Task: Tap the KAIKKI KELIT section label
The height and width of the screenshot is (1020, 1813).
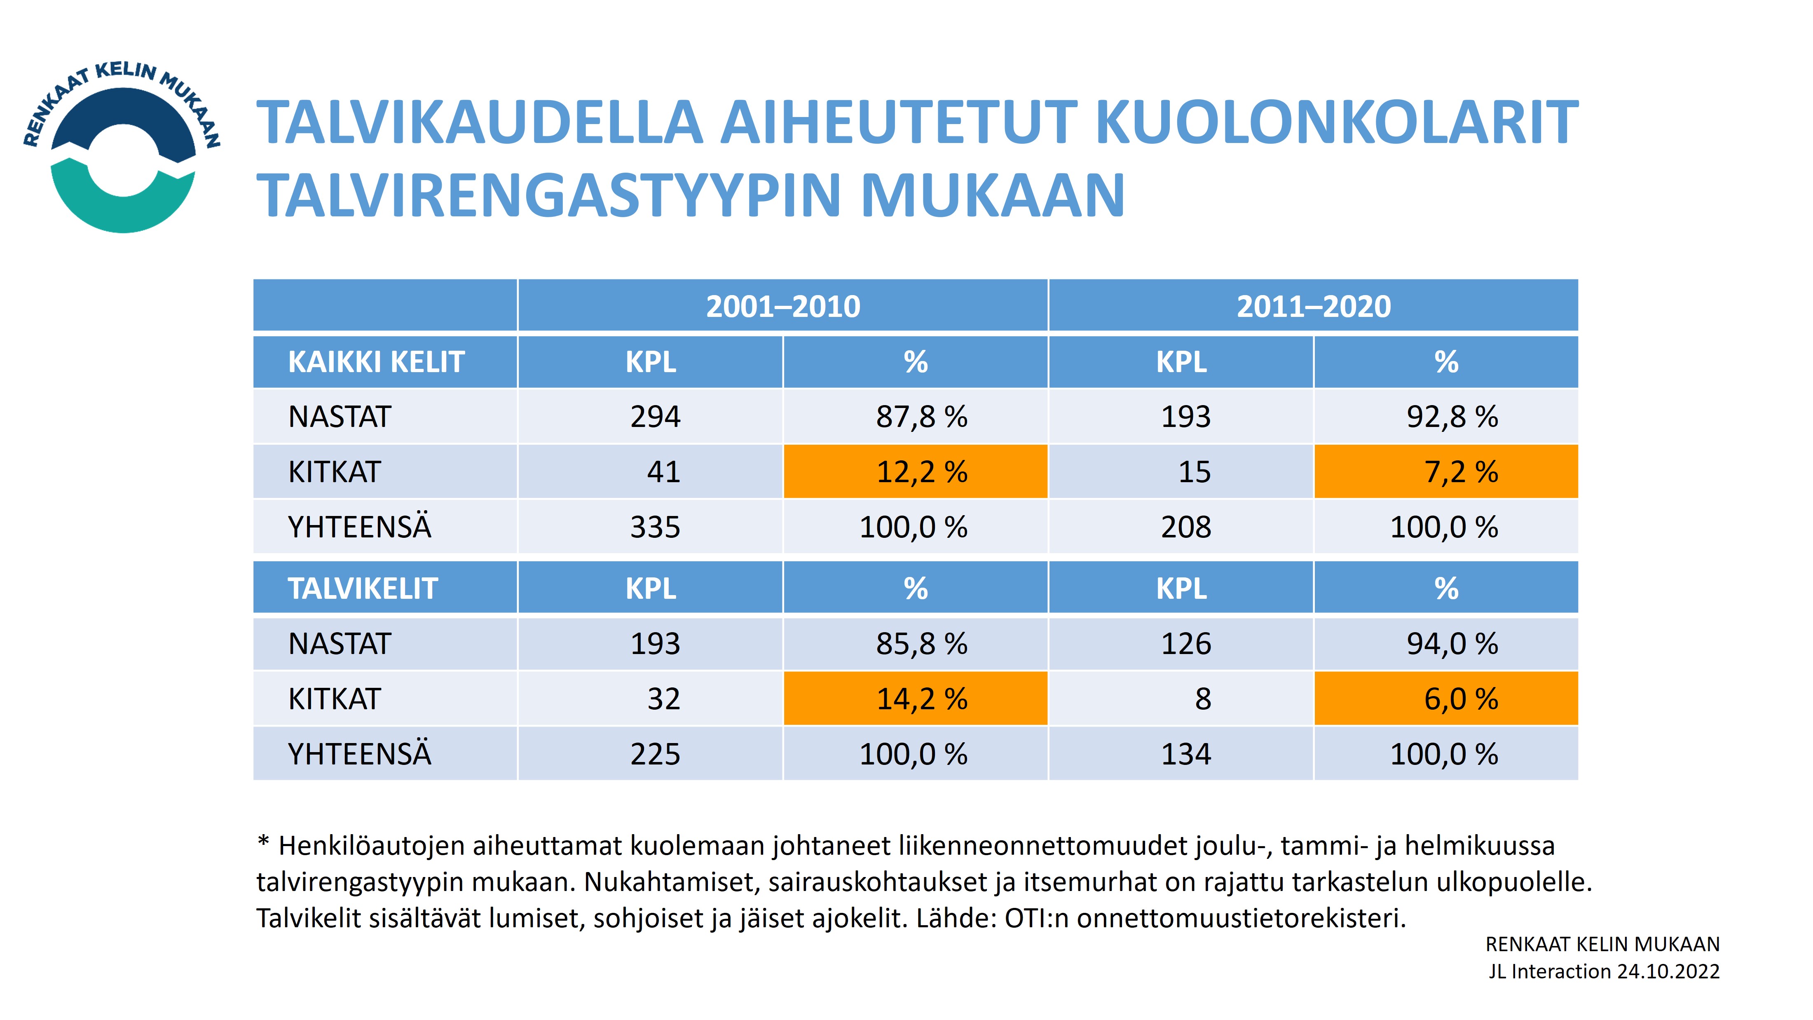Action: click(x=377, y=362)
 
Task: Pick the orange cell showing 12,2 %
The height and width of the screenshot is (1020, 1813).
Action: click(x=916, y=471)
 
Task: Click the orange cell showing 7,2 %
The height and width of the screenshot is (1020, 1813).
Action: click(x=1446, y=471)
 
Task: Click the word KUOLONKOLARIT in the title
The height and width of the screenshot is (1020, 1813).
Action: click(x=1337, y=122)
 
